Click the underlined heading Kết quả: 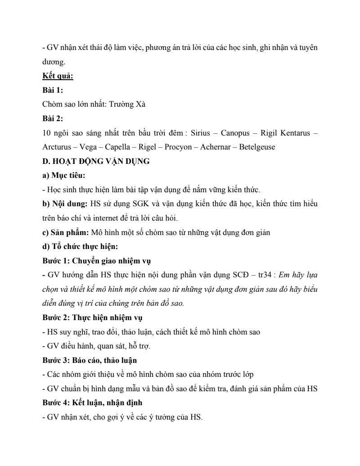pyautogui.click(x=58, y=76)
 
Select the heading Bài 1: pyautogui.click(x=53, y=90)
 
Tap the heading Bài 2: pyautogui.click(x=53, y=119)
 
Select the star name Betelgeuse pyautogui.click(x=257, y=147)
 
